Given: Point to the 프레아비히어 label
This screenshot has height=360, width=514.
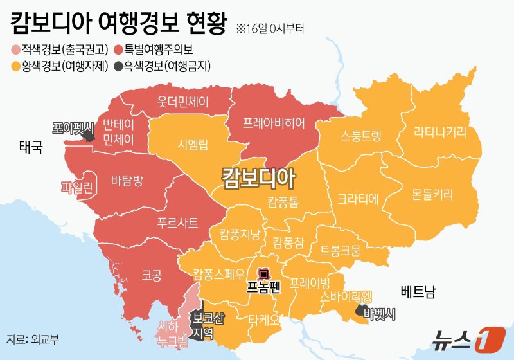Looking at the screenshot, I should (x=274, y=122).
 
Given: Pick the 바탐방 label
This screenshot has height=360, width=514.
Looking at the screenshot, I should (x=127, y=180).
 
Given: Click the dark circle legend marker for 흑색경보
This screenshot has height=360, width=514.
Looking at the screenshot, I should (x=120, y=65).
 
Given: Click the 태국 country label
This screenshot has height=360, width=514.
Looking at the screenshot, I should (x=30, y=148).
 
